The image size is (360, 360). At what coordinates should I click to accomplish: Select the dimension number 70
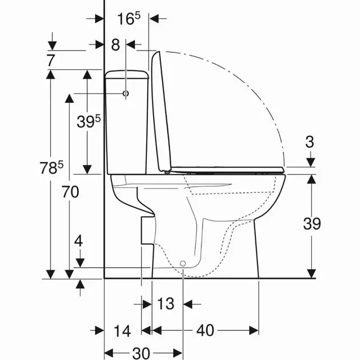tap(71, 192)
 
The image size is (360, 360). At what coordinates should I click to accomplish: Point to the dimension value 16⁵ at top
tap(128, 18)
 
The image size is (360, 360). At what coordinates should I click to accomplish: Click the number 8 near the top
tap(115, 44)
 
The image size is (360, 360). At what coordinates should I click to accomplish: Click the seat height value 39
tap(311, 223)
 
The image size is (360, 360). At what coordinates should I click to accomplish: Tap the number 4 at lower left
tap(79, 242)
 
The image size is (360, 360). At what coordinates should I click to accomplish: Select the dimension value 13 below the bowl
tap(165, 304)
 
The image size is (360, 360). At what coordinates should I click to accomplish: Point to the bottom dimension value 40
tap(205, 330)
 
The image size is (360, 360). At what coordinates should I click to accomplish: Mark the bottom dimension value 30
tap(142, 352)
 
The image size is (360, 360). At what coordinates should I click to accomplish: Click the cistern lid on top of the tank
tap(127, 73)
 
